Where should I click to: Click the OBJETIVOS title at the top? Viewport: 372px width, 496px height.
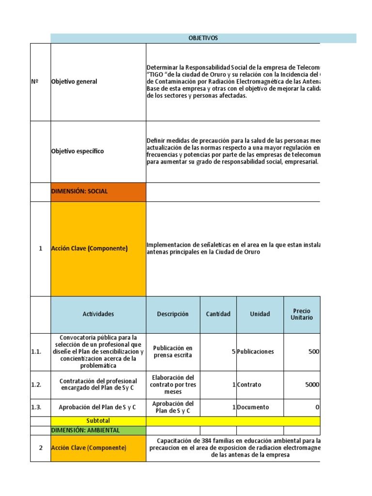tap(203, 38)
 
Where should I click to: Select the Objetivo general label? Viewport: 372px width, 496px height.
tap(74, 81)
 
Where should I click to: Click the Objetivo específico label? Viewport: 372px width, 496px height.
tap(77, 151)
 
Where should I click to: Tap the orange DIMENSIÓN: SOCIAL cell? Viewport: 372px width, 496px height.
tap(79, 191)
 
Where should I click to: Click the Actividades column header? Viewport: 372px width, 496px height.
tap(98, 314)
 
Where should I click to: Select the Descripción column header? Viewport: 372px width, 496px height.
tap(173, 314)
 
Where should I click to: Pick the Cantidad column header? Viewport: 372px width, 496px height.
tap(218, 314)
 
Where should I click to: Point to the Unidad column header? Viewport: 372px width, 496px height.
tap(260, 314)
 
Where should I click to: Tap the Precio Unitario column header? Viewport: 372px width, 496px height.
tap(302, 314)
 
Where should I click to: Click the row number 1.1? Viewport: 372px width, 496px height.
tap(36, 352)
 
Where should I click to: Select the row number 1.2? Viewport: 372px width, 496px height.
tap(36, 385)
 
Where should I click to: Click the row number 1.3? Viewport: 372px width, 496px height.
tap(36, 407)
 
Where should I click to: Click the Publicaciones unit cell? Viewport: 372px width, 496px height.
tap(255, 352)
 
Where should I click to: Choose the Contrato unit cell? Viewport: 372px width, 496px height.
tap(249, 385)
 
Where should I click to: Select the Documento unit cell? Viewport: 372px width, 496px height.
tap(253, 407)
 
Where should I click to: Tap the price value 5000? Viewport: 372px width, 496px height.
tap(312, 385)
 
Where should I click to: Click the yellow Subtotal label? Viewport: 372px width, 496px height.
tap(98, 421)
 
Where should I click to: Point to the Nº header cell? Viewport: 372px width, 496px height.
tap(34, 81)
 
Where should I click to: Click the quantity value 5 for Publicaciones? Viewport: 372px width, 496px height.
tap(233, 352)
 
